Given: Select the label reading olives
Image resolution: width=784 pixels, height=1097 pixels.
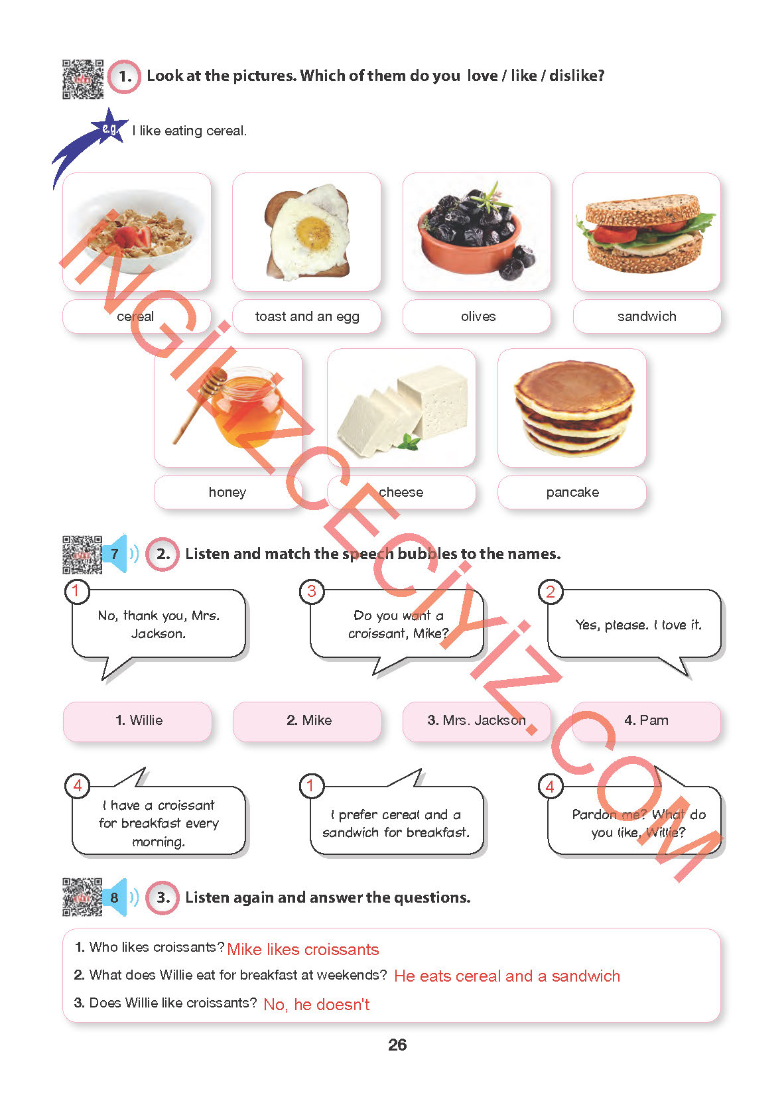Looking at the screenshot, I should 478,316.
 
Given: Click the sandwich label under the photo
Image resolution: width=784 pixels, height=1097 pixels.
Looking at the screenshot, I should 647,316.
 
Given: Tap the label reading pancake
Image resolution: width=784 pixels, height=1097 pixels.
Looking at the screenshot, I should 572,492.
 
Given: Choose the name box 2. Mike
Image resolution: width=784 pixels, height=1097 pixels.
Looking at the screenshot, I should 308,721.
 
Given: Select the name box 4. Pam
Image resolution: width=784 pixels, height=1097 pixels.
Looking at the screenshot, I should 646,721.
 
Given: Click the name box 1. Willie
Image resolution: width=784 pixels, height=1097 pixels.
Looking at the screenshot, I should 138,721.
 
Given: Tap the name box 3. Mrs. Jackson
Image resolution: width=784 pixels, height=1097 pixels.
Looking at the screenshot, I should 476,721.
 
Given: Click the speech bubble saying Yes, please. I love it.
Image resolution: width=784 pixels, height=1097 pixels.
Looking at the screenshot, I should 637,625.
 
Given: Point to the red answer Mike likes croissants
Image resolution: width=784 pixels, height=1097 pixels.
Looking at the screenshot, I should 302,950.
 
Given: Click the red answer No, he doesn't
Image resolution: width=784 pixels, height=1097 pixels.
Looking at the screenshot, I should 316,1005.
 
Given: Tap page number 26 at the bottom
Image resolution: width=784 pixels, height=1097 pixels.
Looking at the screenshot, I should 397,1045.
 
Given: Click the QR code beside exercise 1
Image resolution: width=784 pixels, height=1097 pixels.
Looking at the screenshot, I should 83,79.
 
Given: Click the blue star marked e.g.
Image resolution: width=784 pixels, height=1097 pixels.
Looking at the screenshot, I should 108,128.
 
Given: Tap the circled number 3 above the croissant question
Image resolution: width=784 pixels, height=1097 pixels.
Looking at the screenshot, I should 312,591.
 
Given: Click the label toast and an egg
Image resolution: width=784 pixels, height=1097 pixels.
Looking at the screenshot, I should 307,316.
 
